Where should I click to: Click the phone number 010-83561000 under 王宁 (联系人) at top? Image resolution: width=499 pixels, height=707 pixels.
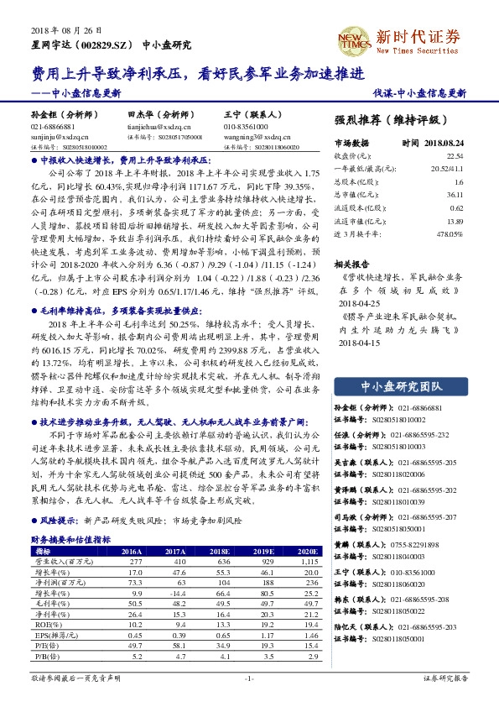click(x=247, y=124)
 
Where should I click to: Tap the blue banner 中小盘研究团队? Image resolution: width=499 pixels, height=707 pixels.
click(x=401, y=386)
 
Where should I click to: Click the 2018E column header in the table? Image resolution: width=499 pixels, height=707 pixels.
click(x=221, y=551)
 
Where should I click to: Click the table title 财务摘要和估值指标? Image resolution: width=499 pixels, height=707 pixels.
click(x=70, y=539)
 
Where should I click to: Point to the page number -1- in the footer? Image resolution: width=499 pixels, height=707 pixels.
click(x=249, y=678)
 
